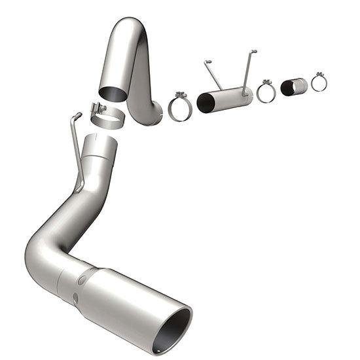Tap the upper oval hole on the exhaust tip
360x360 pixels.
pyautogui.click(x=82, y=278)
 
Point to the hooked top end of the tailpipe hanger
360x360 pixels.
pyautogui.click(x=77, y=117)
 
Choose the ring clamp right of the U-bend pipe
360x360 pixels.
pyautogui.click(x=178, y=107)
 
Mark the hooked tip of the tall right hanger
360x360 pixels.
pyautogui.click(x=253, y=51)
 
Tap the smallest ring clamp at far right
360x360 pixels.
pyautogui.click(x=319, y=82)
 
